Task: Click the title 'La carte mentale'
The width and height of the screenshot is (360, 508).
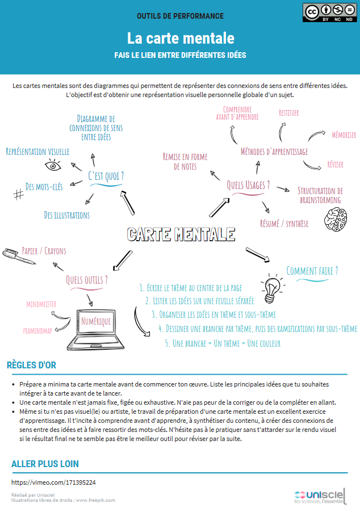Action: [180, 38]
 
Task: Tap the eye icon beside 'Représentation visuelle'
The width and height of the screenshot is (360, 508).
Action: [53, 166]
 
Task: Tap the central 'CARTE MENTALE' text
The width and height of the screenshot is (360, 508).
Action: [180, 234]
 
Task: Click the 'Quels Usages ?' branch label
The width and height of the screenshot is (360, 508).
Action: [248, 185]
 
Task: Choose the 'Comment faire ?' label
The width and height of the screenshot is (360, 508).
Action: [312, 271]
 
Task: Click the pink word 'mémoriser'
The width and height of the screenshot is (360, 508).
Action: [344, 135]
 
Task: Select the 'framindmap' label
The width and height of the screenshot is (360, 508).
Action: [39, 329]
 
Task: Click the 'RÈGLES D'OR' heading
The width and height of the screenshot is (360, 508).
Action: [31, 365]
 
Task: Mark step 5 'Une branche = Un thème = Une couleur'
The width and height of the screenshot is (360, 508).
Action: [223, 343]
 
